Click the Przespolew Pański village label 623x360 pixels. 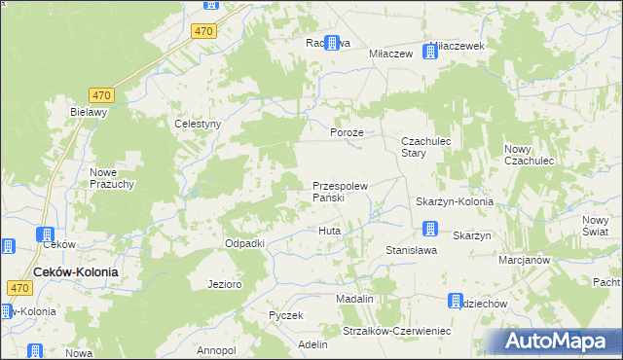[340, 191]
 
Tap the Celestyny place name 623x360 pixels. [199, 124]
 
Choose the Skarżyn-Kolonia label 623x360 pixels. [454, 201]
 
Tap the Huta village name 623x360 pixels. [329, 231]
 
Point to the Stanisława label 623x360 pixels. [411, 250]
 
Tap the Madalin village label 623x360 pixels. [355, 299]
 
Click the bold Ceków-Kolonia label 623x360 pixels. [76, 272]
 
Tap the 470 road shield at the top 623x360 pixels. [203, 31]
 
